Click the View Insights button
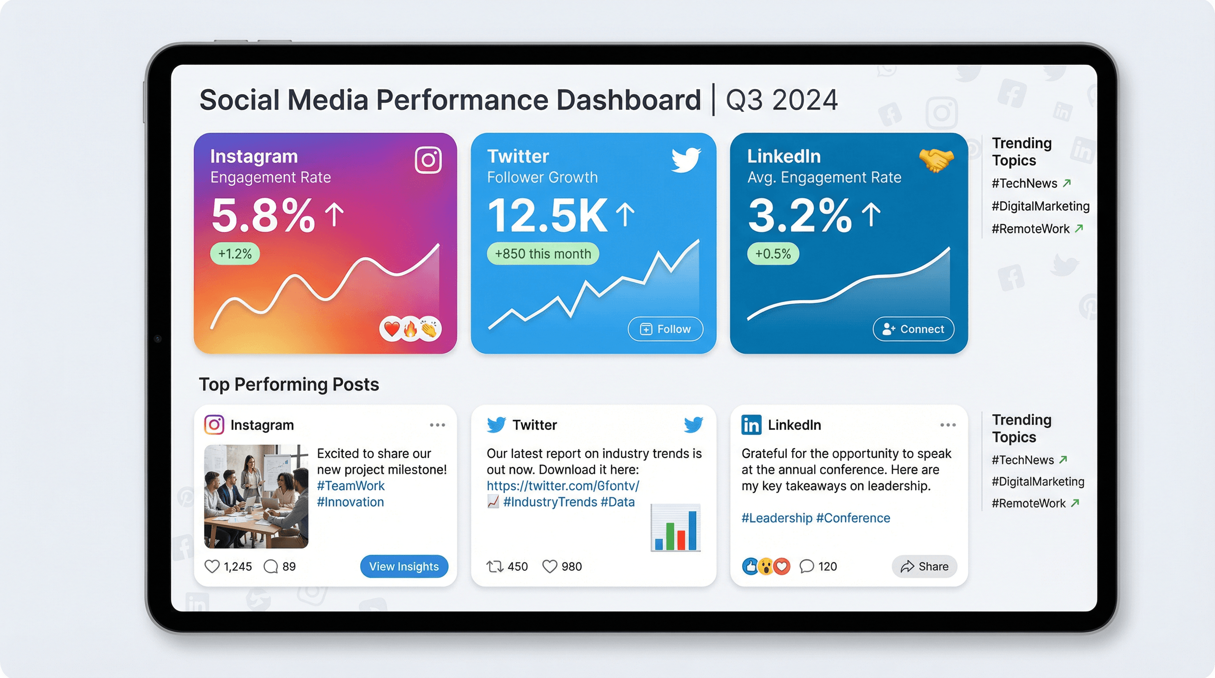point(404,566)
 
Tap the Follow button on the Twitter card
point(665,329)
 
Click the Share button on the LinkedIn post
point(924,566)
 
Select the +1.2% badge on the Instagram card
point(234,254)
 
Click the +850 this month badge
point(543,254)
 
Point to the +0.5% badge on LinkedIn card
point(773,254)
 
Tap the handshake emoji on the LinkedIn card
point(936,160)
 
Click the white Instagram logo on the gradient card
point(428,160)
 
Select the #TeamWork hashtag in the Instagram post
point(351,486)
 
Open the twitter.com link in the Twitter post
point(563,486)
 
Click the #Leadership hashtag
point(776,518)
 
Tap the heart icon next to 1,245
point(212,566)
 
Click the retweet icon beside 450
point(495,566)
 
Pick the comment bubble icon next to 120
point(807,566)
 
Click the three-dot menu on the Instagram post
point(437,425)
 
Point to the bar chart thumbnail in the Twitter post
point(675,527)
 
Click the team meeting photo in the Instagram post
point(256,496)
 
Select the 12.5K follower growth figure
point(547,216)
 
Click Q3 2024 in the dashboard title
point(781,100)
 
